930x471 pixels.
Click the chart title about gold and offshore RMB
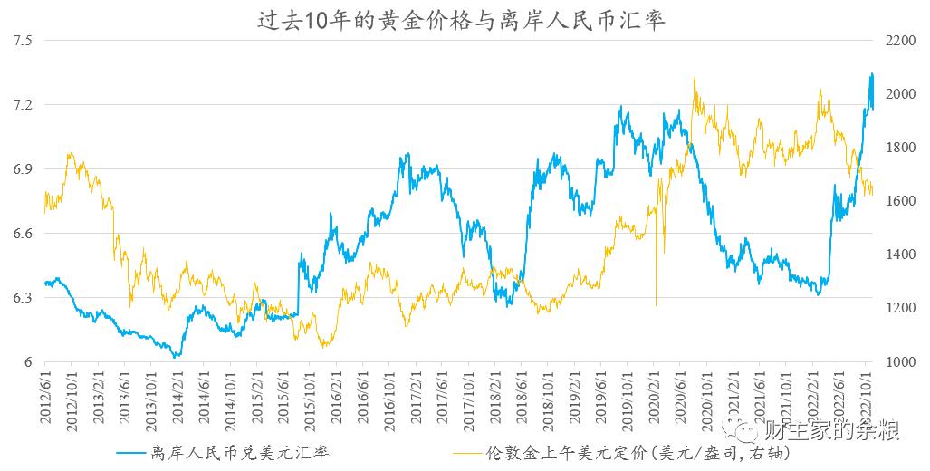[x=462, y=19]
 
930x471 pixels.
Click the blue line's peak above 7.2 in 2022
[x=872, y=74]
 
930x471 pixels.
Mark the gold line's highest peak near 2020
[x=695, y=79]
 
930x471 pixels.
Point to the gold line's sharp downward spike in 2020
[x=656, y=303]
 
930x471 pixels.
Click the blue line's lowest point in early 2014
[x=177, y=357]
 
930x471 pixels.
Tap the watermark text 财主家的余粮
[x=831, y=431]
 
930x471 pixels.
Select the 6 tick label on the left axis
[x=28, y=362]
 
